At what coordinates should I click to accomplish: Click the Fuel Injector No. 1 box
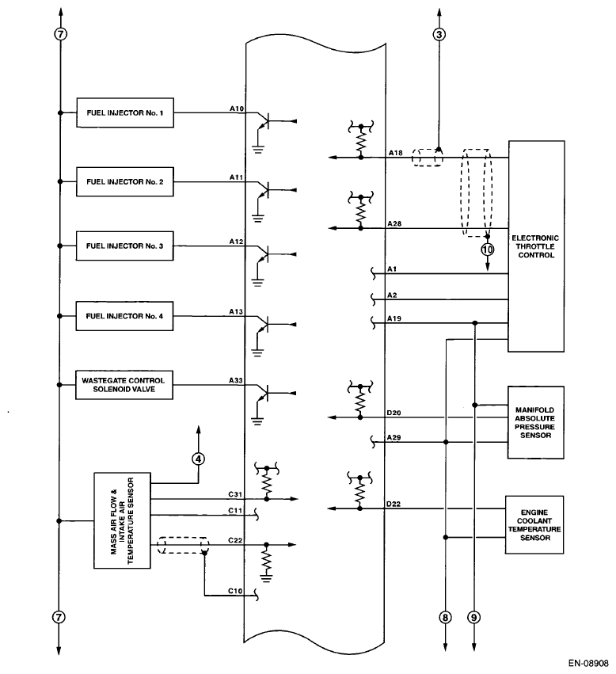point(125,112)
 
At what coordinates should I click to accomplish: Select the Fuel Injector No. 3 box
point(125,246)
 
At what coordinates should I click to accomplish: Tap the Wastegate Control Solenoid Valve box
point(125,385)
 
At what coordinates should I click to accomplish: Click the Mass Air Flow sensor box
point(120,520)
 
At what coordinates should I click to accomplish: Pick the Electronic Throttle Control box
point(536,246)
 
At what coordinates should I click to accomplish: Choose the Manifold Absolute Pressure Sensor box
point(536,422)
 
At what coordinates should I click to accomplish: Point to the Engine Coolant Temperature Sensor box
point(536,524)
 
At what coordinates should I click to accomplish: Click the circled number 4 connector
point(199,458)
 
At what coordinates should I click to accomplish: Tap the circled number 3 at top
point(439,34)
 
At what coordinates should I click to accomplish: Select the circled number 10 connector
point(488,249)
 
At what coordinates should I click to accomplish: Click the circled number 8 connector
point(445,618)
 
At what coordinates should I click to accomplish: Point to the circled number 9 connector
point(474,618)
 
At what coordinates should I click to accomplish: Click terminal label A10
point(236,109)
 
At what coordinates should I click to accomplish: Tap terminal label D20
point(394,413)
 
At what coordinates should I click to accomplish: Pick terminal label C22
point(234,540)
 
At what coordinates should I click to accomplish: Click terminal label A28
point(394,224)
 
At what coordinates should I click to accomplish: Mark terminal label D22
point(394,504)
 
